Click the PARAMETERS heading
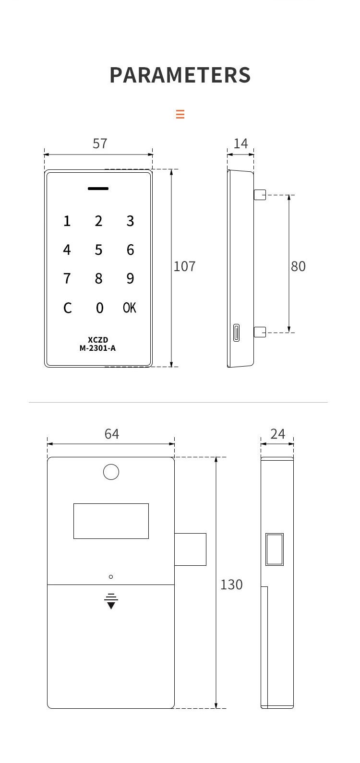pyautogui.click(x=180, y=75)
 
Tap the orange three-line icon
pyautogui.click(x=180, y=114)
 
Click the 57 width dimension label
pyautogui.click(x=100, y=143)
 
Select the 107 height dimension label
pyautogui.click(x=184, y=266)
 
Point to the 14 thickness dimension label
pyautogui.click(x=240, y=143)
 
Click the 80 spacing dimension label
pyautogui.click(x=298, y=266)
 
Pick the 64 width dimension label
pyautogui.click(x=112, y=434)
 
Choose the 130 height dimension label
pyautogui.click(x=231, y=584)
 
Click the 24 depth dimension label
pyautogui.click(x=277, y=434)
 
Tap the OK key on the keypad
pyautogui.click(x=130, y=308)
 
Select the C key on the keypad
pyautogui.click(x=67, y=308)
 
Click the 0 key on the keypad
pyautogui.click(x=99, y=308)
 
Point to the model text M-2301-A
pyautogui.click(x=97, y=348)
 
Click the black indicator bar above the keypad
pyautogui.click(x=98, y=189)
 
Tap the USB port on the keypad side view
pyautogui.click(x=236, y=333)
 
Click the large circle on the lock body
pyautogui.click(x=111, y=472)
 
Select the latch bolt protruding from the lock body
pyautogui.click(x=191, y=549)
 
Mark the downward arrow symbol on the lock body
pyautogui.click(x=111, y=602)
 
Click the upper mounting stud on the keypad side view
pyautogui.click(x=260, y=194)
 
